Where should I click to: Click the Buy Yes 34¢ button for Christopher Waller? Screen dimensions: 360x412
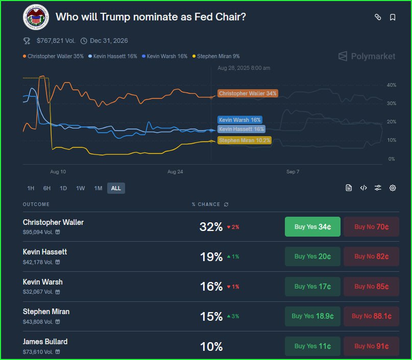[312, 227]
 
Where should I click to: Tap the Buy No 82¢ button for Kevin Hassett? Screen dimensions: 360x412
[371, 256]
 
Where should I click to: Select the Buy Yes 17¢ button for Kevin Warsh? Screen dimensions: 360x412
[312, 287]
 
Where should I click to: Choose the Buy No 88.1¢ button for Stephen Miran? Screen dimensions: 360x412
[371, 316]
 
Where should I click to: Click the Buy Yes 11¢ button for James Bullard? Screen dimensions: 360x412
[312, 346]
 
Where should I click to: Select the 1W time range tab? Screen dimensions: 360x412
[81, 188]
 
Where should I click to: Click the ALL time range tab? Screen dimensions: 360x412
[116, 188]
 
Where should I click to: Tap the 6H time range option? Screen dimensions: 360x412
[47, 188]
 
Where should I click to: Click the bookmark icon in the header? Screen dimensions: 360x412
[393, 17]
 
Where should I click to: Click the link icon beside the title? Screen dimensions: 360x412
[378, 17]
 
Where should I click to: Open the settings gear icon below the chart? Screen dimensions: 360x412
[393, 188]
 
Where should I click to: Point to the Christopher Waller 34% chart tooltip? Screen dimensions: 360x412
[248, 93]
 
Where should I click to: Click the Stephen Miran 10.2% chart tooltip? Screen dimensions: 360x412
[245, 140]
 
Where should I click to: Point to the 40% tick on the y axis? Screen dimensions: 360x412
[392, 85]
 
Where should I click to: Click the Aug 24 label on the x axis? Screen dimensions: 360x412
[175, 172]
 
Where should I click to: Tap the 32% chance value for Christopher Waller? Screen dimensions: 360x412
[211, 227]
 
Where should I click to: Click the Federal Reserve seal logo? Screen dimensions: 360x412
[36, 17]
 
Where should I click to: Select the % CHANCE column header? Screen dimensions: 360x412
[206, 204]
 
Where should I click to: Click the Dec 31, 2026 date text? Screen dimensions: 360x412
[109, 41]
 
